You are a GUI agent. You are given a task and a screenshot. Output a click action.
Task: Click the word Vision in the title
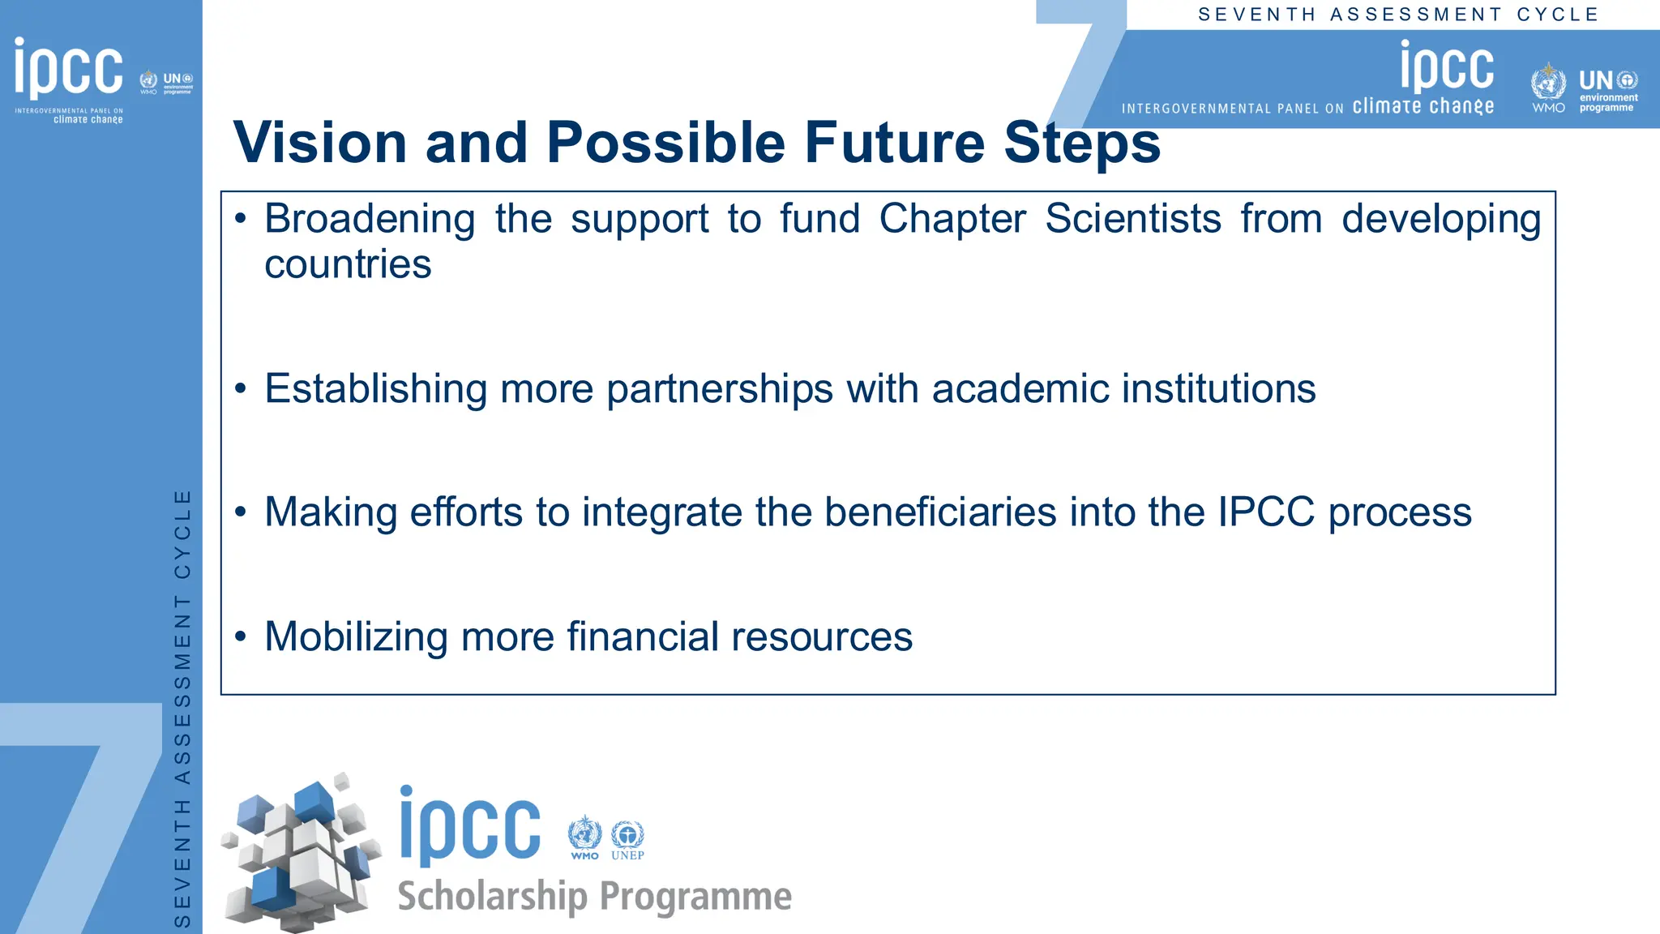[319, 143]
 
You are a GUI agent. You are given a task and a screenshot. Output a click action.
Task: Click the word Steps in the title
[1082, 143]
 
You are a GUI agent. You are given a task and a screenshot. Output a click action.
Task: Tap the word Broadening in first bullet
[370, 219]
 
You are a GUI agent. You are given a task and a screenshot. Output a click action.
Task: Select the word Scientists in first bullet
[1132, 219]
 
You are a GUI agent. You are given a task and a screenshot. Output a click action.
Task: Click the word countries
[348, 264]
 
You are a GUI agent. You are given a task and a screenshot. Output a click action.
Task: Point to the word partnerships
[720, 389]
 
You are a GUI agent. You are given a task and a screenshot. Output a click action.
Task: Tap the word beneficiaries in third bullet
[940, 512]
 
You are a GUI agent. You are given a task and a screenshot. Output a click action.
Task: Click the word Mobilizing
[356, 637]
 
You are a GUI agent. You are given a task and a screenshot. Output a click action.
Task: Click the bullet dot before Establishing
[240, 389]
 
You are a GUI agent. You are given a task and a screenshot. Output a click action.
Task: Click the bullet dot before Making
[240, 512]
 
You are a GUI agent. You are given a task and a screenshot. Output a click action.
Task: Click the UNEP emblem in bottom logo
[627, 837]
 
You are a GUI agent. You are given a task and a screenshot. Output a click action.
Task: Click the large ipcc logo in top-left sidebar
[69, 68]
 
